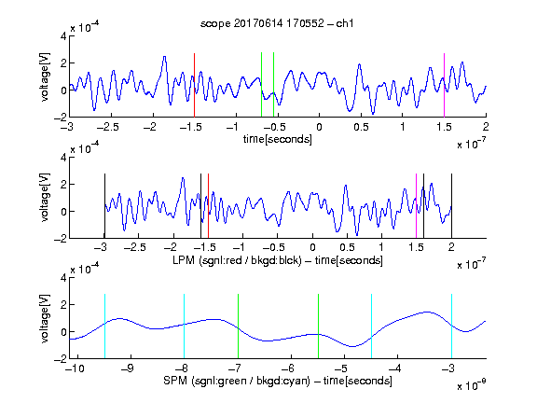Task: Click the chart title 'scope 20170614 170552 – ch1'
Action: tap(277, 23)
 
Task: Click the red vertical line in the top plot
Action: tap(194, 85)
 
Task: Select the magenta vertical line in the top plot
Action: tap(444, 85)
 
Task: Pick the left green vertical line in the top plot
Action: tap(261, 85)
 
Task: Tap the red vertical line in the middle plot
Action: tap(208, 206)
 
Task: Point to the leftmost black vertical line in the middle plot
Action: tap(104, 206)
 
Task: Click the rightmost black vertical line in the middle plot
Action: tap(451, 206)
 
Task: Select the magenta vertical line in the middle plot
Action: tap(416, 206)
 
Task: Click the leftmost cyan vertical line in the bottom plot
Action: tap(104, 327)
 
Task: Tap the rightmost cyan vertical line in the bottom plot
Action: tap(451, 327)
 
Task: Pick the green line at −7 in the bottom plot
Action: tap(238, 327)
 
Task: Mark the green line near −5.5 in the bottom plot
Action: tap(318, 327)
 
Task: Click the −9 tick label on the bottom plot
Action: tap(128, 368)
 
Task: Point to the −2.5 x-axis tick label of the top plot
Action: tap(108, 127)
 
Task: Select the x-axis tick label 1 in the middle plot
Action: tap(381, 247)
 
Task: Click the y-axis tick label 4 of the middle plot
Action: tap(63, 158)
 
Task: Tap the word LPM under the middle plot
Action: tap(184, 260)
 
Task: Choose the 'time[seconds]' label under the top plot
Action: tap(278, 139)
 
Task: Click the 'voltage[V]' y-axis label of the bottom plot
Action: tap(45, 318)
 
